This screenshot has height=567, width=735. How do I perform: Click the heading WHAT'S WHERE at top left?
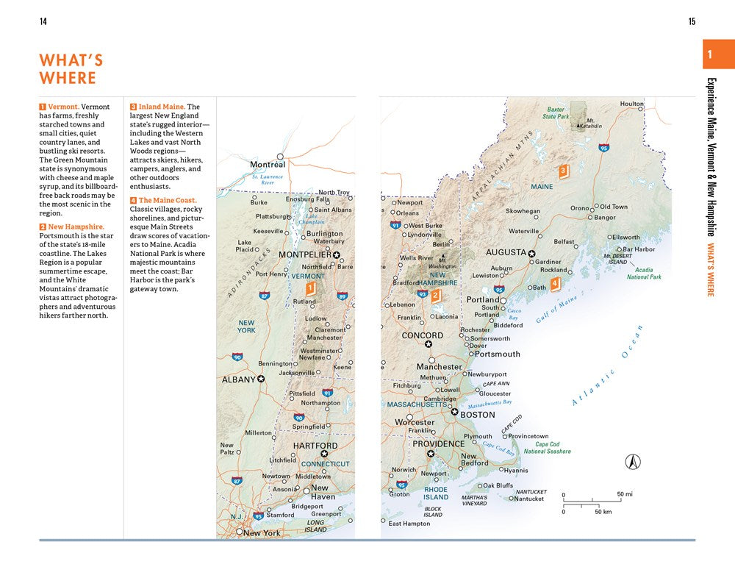coord(71,69)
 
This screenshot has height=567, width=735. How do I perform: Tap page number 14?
coord(43,21)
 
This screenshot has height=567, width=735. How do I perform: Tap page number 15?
coord(692,21)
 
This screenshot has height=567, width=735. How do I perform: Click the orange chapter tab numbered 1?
coord(710,54)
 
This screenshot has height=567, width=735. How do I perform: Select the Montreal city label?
coord(268,165)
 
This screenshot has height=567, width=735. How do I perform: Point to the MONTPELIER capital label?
coord(305,254)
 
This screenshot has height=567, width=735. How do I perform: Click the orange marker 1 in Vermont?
coord(310,288)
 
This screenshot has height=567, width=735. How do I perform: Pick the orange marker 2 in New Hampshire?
coord(435,296)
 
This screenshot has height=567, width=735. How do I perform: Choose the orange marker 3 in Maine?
coord(563,171)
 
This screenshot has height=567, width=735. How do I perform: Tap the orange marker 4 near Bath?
coord(554,283)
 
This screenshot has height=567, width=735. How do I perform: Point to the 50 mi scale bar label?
coord(625,493)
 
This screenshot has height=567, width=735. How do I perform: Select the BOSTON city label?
coord(477,415)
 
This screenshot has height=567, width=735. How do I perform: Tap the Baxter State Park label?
coord(556,113)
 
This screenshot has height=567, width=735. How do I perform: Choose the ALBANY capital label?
coord(238,379)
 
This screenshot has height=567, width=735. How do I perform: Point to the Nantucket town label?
coord(528,499)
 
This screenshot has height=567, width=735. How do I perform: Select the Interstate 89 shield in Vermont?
coord(342,296)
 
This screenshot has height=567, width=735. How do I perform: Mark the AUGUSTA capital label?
coord(506,252)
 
